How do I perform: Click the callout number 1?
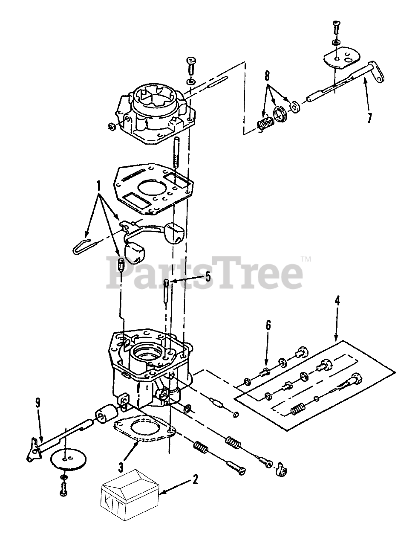click(x=98, y=186)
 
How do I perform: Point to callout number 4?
click(x=337, y=301)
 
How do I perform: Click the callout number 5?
click(x=208, y=277)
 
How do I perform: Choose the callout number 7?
click(x=369, y=117)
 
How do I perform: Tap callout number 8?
click(x=268, y=76)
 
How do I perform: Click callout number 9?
click(x=37, y=403)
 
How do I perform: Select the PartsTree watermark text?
click(x=205, y=273)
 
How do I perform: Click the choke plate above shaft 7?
click(x=342, y=60)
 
